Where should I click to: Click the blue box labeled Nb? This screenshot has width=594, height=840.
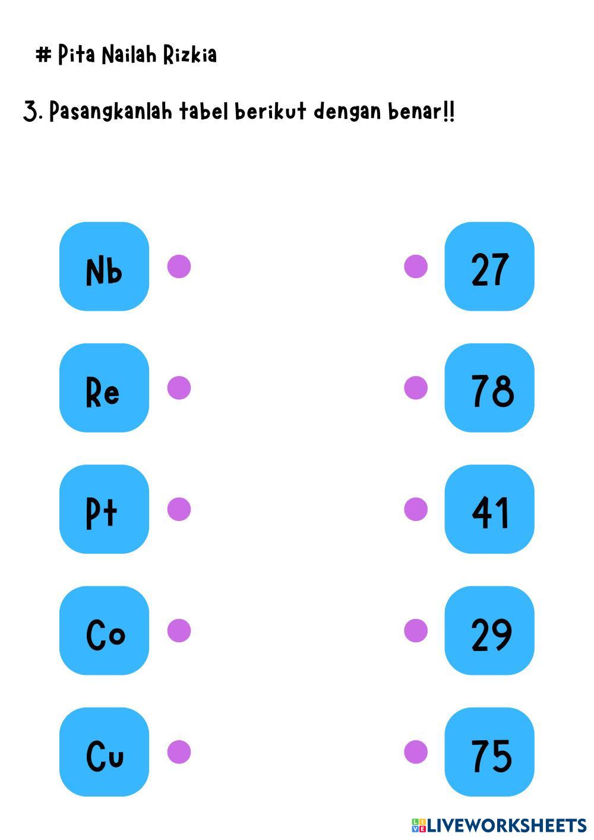click(104, 267)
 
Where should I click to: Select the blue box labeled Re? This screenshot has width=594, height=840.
click(104, 388)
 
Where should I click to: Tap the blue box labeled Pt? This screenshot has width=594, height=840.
click(104, 509)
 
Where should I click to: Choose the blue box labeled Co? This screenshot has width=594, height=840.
click(104, 631)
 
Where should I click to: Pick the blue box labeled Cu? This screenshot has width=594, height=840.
click(104, 752)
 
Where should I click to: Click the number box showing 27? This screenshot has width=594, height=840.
click(489, 267)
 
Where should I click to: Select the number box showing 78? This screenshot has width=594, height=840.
click(489, 388)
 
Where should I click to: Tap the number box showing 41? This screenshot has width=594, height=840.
click(489, 509)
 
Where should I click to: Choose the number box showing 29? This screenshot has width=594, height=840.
click(489, 631)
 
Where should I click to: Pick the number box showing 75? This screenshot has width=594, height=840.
click(489, 752)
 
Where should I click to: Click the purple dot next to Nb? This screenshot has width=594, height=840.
click(179, 267)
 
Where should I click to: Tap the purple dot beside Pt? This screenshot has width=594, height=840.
click(179, 509)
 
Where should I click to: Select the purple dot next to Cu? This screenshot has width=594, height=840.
click(179, 752)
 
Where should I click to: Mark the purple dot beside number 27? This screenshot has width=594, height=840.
click(416, 267)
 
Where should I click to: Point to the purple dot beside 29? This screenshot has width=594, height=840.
click(416, 631)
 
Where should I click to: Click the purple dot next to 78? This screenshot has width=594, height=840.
click(416, 388)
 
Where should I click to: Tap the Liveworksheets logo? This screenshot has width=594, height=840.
click(499, 825)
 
